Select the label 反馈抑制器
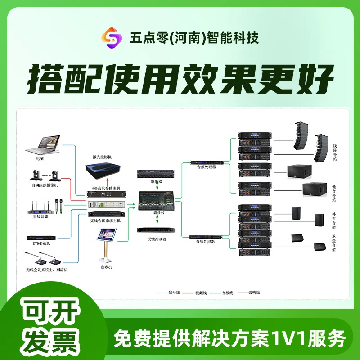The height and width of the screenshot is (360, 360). coord(157,239)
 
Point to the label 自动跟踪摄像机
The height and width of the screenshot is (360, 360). coord(44,185)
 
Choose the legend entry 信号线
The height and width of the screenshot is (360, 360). coord(174,292)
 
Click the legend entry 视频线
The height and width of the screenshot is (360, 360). coord(201,292)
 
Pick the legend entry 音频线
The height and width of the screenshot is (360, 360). coord(228,292)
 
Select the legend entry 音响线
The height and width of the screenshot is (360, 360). coord(255,292)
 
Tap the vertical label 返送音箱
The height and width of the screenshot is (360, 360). coord(334,243)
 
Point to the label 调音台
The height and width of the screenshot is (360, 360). coord(157,212)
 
